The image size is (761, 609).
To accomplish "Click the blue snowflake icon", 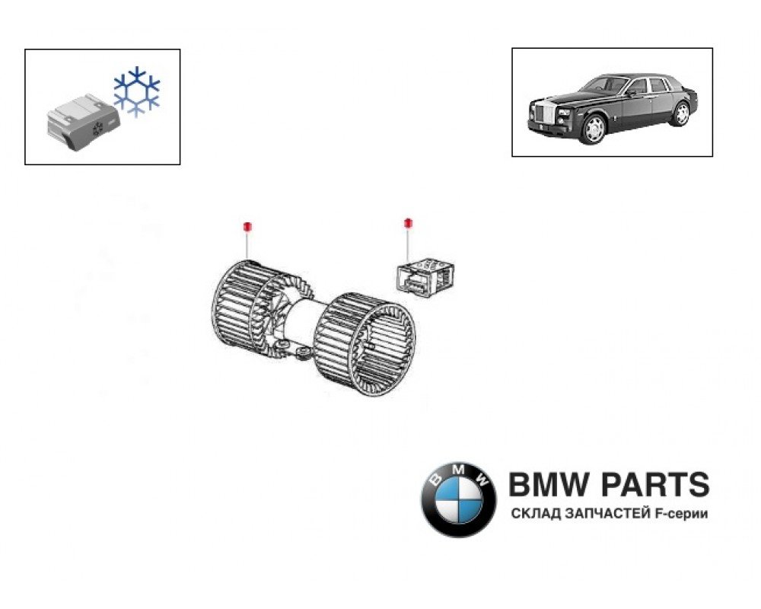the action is tap(136, 91).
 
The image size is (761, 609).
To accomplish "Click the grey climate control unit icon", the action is tap(83, 121).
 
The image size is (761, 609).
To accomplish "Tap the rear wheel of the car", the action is tap(681, 113).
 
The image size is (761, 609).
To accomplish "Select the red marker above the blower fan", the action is tap(247, 226).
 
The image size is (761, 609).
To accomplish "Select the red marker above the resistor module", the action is tap(408, 223).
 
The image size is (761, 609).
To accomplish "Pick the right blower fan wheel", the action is tap(365, 343).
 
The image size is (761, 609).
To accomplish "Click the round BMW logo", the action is tap(458, 499).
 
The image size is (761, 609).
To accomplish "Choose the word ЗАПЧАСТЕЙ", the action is tap(607, 514).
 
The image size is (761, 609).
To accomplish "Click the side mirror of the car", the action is tap(631, 93).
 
